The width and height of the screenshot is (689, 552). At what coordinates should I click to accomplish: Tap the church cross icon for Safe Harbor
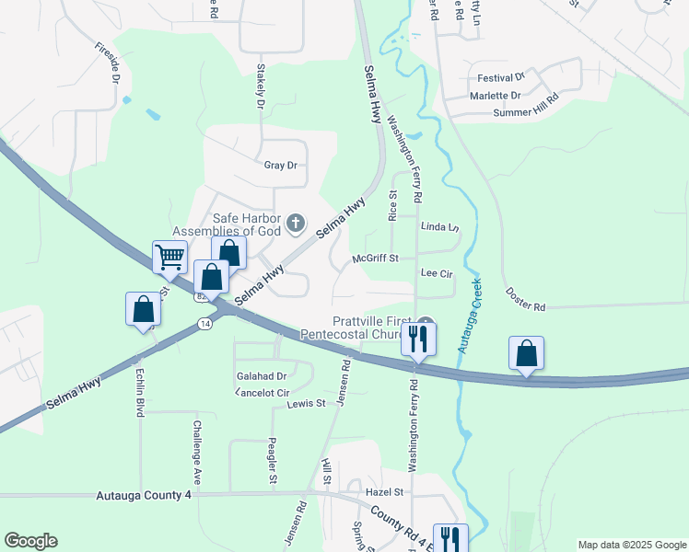[x=296, y=221]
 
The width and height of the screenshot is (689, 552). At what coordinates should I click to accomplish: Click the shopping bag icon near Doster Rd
[x=526, y=353]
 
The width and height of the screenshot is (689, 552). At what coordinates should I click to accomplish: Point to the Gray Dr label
[x=280, y=166]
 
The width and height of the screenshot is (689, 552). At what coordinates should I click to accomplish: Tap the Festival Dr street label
[x=500, y=78]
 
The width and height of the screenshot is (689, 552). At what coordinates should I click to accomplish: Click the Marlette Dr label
[x=496, y=96]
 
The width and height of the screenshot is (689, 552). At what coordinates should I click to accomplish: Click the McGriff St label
[x=375, y=259]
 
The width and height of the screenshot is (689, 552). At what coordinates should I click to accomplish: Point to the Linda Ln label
[x=439, y=226]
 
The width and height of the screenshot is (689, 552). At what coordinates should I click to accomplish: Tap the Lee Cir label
[x=437, y=274]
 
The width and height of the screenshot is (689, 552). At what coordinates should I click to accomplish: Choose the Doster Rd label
[x=526, y=293]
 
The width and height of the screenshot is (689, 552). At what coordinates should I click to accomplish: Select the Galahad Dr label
[x=262, y=376]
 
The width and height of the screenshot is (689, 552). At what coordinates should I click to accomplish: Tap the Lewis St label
[x=306, y=404]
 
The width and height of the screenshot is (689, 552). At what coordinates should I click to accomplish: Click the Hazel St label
[x=385, y=493]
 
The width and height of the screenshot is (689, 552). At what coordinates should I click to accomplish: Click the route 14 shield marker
[x=204, y=324]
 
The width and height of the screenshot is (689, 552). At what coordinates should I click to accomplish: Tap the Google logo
[x=30, y=541]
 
